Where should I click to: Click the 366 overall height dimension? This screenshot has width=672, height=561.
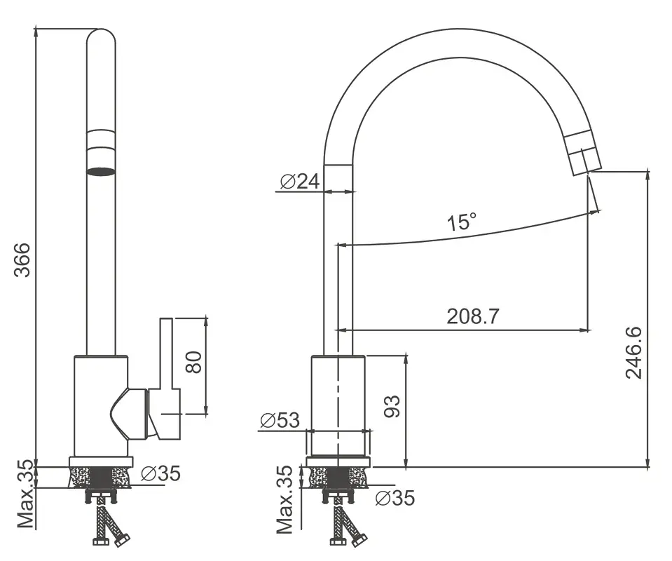(22, 260)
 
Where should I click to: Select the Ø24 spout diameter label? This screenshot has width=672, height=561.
(300, 182)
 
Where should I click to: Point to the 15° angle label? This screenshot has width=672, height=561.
(462, 222)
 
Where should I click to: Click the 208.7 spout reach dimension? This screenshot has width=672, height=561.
(473, 316)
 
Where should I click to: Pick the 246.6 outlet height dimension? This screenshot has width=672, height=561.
(634, 353)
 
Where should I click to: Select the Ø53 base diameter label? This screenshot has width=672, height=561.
(280, 421)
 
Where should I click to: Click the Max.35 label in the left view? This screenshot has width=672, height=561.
(25, 494)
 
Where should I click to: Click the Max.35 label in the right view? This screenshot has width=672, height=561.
(284, 500)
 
